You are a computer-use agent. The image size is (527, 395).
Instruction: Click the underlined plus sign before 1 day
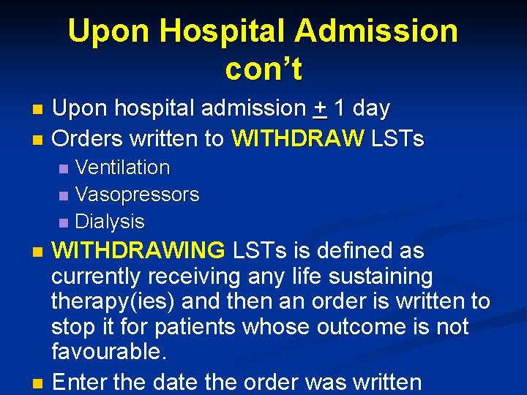319,109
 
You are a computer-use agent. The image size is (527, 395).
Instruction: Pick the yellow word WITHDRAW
297,138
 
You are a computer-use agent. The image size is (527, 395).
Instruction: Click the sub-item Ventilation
122,168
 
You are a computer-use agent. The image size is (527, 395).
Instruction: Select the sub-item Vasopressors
137,195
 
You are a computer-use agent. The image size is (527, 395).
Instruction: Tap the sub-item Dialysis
110,221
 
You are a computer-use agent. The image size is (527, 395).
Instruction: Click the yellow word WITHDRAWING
138,251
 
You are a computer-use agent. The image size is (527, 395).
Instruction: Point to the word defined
353,251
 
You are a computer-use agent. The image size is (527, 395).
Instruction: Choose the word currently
98,276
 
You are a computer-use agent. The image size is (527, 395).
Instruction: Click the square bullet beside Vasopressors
63,195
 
